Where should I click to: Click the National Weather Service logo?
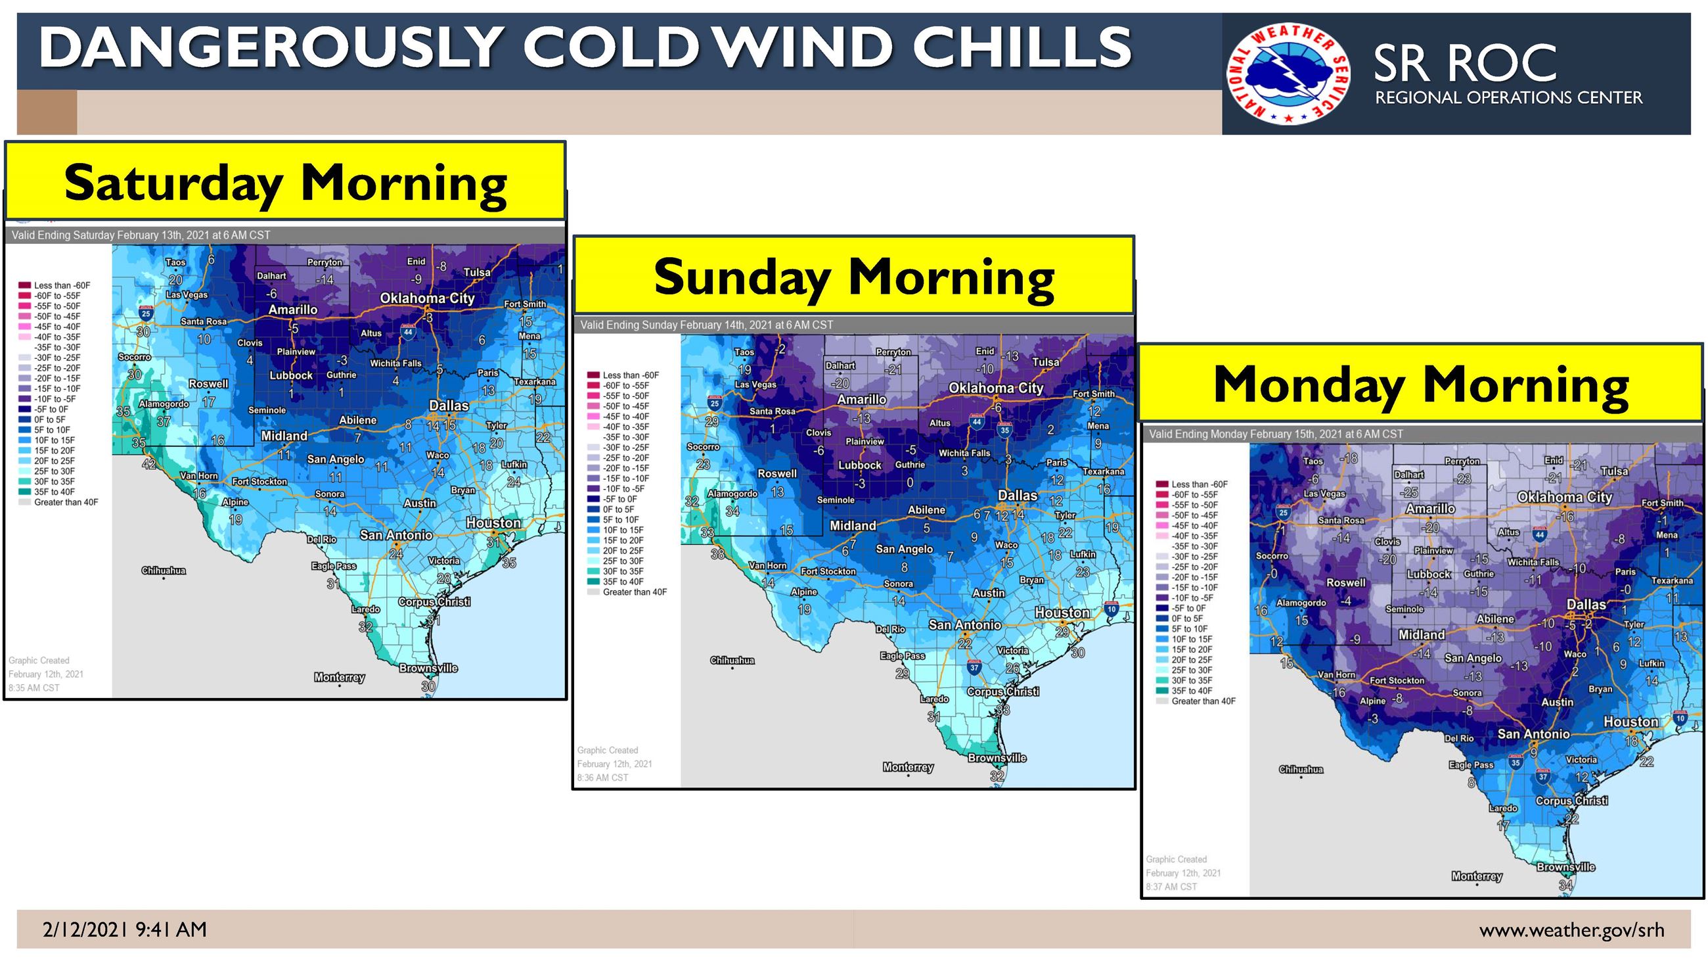point(1288,74)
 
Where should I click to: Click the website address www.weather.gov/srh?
point(1571,930)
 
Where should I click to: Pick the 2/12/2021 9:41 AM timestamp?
point(125,930)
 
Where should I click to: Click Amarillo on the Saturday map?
point(292,310)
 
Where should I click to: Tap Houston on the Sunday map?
point(1062,613)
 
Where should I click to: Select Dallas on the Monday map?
point(1586,604)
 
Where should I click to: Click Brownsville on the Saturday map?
point(428,668)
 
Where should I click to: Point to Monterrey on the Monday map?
point(1477,876)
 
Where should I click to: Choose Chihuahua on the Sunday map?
point(732,661)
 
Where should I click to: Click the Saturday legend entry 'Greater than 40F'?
point(65,502)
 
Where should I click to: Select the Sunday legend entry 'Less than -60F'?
point(630,375)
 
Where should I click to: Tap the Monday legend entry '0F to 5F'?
point(1186,618)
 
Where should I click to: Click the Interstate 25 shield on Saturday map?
point(145,313)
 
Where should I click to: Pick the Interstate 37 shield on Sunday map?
point(974,667)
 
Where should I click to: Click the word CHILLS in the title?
point(1021,47)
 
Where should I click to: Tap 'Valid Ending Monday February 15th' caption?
point(1276,434)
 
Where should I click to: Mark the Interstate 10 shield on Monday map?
point(1680,718)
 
